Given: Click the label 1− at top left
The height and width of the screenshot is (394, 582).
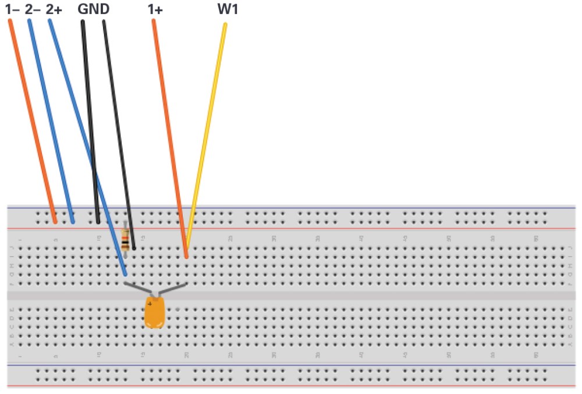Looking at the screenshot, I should click(12, 9).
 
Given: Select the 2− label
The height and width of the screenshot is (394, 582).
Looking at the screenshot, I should click(33, 9).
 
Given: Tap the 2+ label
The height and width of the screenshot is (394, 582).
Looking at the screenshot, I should click(54, 9).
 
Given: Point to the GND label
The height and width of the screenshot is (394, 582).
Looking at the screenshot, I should click(93, 9).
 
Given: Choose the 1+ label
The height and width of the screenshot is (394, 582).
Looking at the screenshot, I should click(155, 9).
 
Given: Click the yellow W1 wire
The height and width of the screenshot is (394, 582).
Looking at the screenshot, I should click(207, 134).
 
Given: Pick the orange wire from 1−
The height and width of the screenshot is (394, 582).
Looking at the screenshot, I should click(32, 116).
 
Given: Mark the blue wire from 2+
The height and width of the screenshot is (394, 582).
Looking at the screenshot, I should click(87, 145).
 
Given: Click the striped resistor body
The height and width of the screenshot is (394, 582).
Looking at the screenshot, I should click(125, 239).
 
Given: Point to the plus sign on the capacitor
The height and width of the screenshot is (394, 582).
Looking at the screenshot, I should click(150, 303).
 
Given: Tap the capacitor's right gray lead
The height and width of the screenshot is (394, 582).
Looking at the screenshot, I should click(172, 288).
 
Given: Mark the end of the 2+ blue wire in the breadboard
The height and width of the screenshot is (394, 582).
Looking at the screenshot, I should click(125, 274).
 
